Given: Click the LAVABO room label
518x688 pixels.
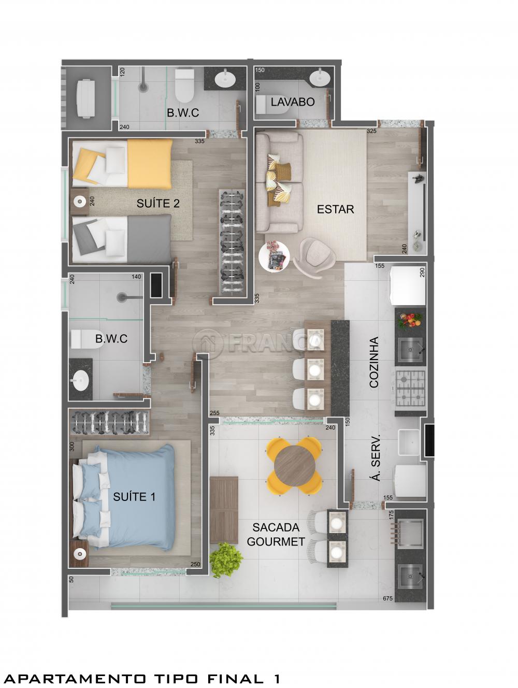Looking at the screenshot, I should pos(292,102).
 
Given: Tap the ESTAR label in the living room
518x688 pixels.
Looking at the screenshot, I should pos(335,209).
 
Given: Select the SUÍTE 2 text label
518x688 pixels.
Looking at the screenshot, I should pos(158,203).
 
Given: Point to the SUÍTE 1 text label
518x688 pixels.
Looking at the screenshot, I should pos(134,497).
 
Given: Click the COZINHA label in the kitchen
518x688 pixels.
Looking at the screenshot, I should pos(374,363).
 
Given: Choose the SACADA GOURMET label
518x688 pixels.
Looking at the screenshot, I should pos(276,535).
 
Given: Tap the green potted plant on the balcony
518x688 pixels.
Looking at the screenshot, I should pos(227,558).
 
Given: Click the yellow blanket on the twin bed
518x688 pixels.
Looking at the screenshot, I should pos(149,163).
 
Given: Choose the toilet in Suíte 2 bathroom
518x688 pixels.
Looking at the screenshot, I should pos(184,85).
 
